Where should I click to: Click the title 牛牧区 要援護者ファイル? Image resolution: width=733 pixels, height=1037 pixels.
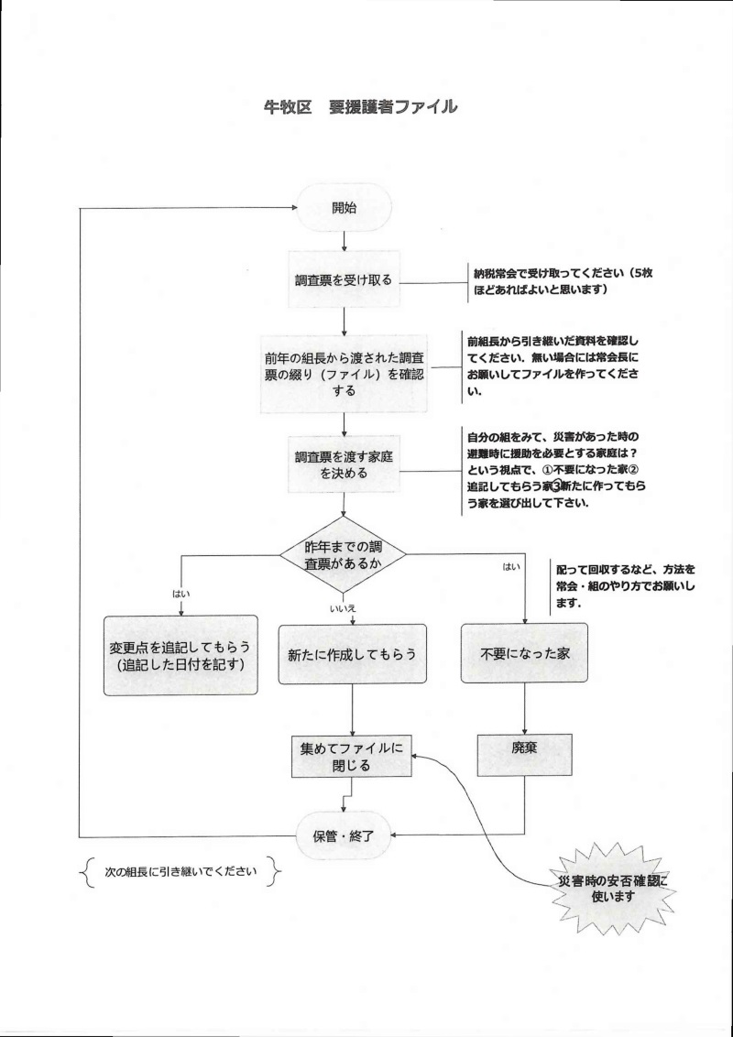[360, 107]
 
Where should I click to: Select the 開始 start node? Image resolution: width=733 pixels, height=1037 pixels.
[344, 207]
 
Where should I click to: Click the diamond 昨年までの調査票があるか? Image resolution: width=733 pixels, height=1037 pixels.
[343, 554]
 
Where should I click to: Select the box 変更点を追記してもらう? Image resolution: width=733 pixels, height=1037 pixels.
[180, 655]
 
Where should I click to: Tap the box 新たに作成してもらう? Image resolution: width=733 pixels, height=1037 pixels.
[353, 654]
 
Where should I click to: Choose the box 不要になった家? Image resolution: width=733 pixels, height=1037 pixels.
[524, 654]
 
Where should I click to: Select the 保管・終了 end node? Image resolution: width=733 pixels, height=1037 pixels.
[344, 835]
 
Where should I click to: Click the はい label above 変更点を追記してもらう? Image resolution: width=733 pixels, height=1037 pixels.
[181, 593]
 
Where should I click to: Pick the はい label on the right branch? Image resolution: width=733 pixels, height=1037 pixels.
[511, 567]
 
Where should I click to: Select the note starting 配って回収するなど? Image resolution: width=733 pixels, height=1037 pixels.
[623, 586]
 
